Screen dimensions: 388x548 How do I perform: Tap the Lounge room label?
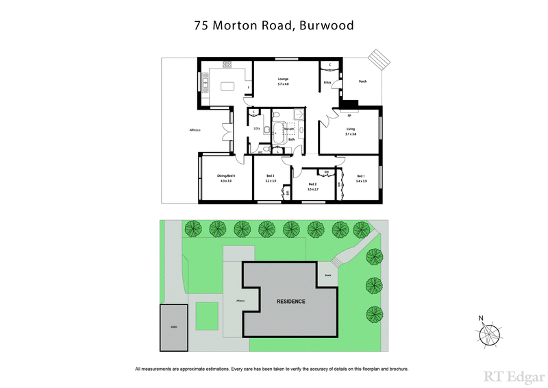[x=283, y=79]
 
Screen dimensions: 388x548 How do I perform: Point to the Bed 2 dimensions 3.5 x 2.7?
[x=313, y=189]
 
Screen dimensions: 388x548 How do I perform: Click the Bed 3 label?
[x=270, y=177]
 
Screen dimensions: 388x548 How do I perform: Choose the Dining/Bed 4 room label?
[x=225, y=176]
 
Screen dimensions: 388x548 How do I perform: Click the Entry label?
[x=327, y=83]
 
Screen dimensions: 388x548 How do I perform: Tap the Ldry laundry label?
[x=256, y=128]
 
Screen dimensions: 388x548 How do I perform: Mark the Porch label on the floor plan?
[x=363, y=82]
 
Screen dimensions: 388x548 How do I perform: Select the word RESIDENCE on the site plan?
[x=290, y=302]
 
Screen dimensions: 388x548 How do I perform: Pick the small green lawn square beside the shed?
[x=208, y=316]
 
